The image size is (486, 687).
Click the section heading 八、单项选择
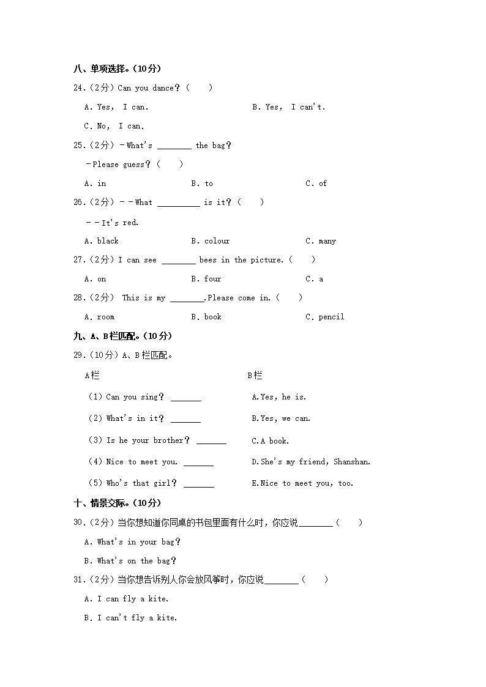pos(116,69)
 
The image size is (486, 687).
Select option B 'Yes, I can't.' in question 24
pos(289,107)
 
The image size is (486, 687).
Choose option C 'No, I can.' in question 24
pos(114,126)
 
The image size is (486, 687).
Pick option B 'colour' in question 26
pos(211,241)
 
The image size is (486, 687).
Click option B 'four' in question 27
pos(206,279)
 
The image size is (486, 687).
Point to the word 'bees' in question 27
pos(207,260)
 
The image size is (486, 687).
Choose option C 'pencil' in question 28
pos(325,317)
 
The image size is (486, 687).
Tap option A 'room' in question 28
pos(100,317)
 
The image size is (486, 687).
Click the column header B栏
pos(255,375)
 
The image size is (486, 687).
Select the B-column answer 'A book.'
pos(271,441)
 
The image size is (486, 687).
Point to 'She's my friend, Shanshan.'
pos(311,462)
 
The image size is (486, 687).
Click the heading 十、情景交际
pos(116,503)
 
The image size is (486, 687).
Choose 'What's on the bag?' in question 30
pos(131,561)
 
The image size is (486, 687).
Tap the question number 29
pos(80,355)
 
